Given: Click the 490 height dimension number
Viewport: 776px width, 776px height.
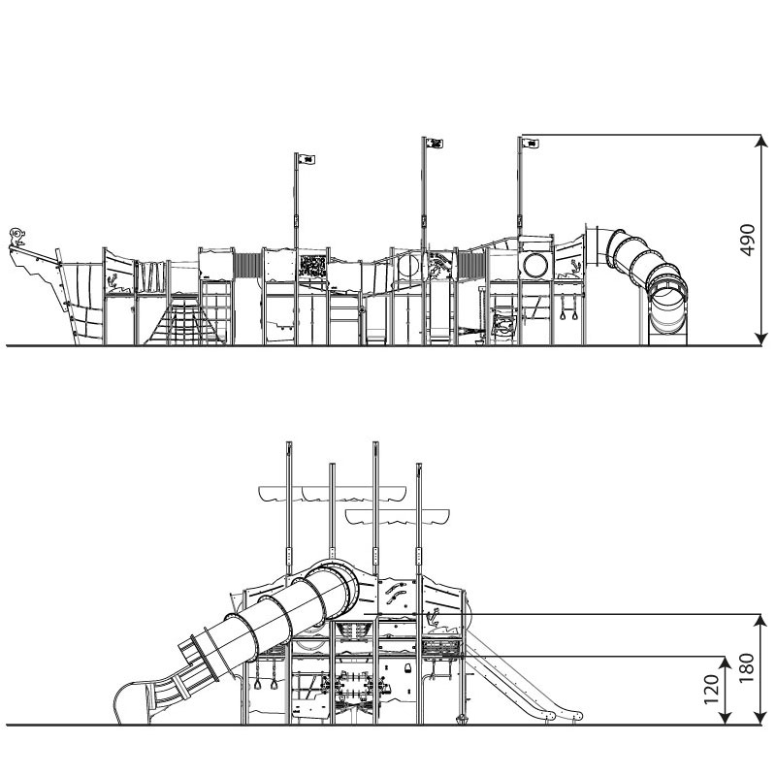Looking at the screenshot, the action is tap(747, 241).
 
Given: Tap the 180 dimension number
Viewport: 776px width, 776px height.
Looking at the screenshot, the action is tap(747, 668).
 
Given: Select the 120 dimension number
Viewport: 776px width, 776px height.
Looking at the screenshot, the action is tap(711, 689).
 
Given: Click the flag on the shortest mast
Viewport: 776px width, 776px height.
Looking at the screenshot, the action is tap(307, 159).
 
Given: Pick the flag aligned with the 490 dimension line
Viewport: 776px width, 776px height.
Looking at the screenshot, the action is tap(530, 144).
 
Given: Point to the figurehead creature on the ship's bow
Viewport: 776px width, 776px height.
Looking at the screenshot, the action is tap(17, 237).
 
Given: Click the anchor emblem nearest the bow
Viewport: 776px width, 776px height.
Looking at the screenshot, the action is tap(112, 281).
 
